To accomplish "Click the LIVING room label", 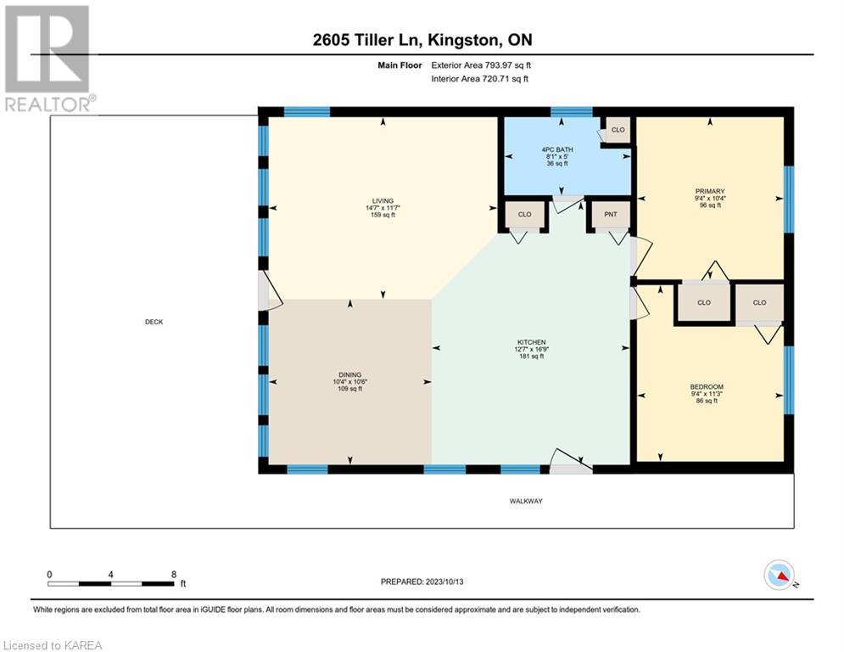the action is coord(383,201).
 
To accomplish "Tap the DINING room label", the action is coord(349,374).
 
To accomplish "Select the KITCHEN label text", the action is coord(531,342).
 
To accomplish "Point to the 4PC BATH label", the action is coord(557,149).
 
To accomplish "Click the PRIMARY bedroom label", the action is coord(710,191).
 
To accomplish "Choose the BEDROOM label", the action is coord(707,387).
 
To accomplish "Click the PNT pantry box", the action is coord(611,215).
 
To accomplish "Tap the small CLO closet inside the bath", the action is coord(618,130).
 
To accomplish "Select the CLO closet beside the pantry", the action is coord(525,215).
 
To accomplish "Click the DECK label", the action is coord(154,322).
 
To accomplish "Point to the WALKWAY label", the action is coord(526,501).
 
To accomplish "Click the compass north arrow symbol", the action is coord(780,575).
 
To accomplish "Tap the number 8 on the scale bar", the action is coord(174,575).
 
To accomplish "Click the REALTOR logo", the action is coord(49,59).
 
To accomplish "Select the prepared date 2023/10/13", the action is coord(444,582).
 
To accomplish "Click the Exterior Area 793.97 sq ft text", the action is coord(481,65).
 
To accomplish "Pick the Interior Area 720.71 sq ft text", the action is coord(479,79).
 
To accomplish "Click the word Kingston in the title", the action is coord(465,40).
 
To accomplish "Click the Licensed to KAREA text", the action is coord(53,645).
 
